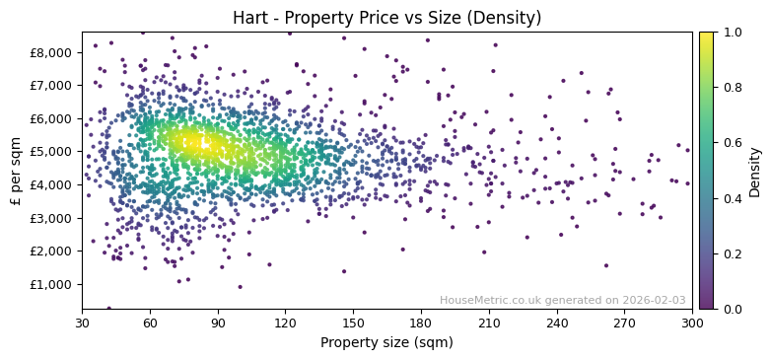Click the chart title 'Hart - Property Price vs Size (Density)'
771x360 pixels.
(x=386, y=18)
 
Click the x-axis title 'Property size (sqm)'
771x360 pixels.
(x=386, y=342)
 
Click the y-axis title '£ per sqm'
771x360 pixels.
(x=16, y=171)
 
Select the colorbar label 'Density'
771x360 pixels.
(x=754, y=171)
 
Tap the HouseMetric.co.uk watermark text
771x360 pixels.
(x=562, y=300)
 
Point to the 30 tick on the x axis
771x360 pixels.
(x=82, y=323)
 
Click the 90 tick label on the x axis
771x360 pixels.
(x=218, y=323)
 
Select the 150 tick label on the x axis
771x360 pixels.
(x=353, y=323)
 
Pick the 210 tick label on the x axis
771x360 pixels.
(x=489, y=323)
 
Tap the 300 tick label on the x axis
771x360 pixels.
(x=692, y=323)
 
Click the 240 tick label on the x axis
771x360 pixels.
(x=557, y=323)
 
